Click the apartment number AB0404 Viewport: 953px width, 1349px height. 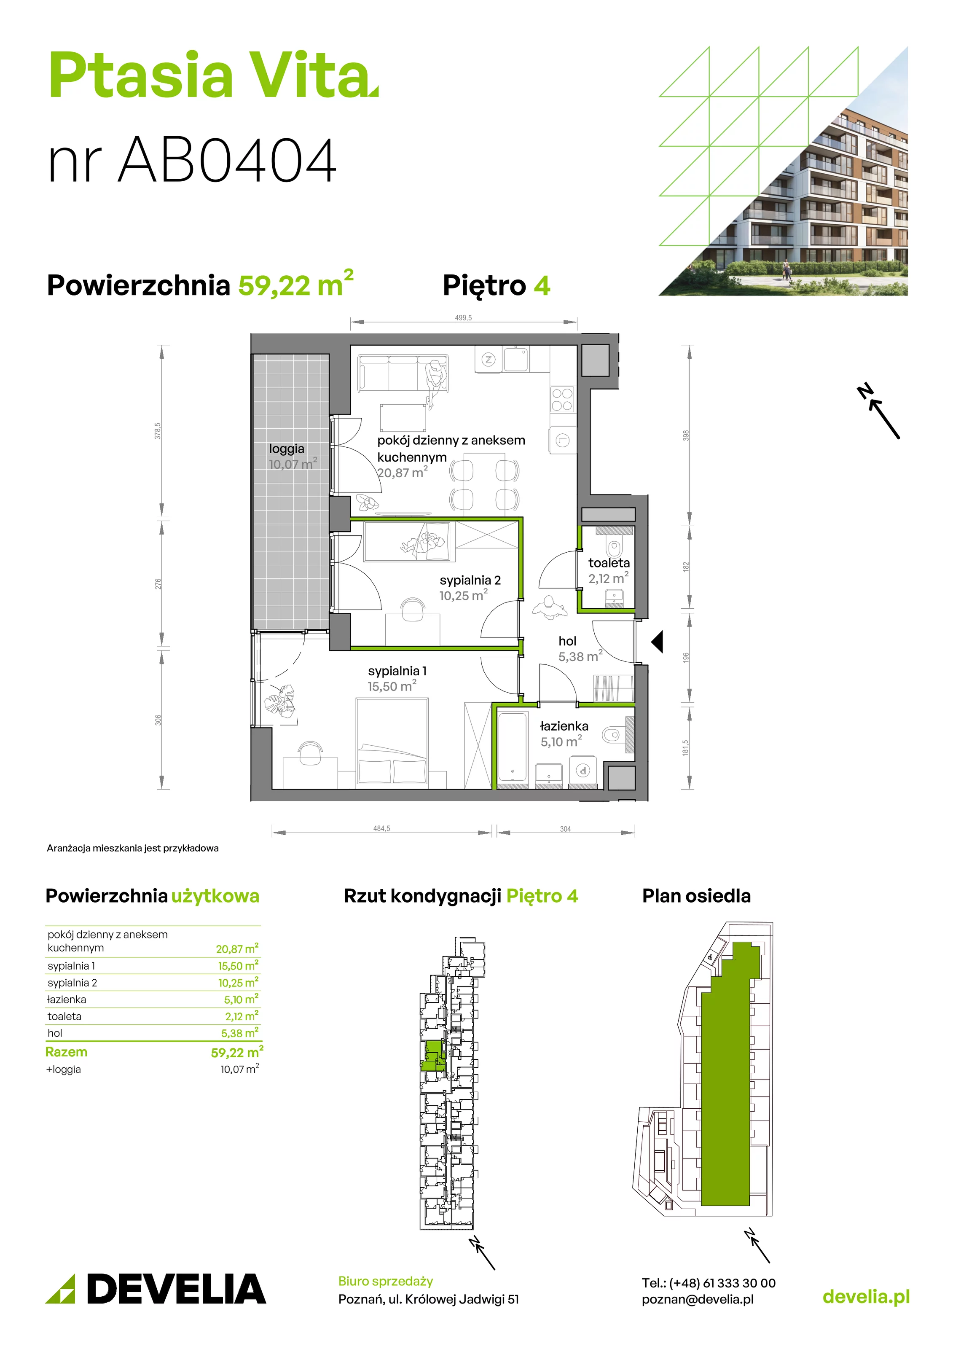[228, 160]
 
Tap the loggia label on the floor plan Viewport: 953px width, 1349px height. [287, 449]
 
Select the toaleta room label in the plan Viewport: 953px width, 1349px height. [609, 563]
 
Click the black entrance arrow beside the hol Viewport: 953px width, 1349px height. [658, 642]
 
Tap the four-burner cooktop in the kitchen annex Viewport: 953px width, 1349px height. [562, 400]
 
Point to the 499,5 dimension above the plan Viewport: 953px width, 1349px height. [463, 318]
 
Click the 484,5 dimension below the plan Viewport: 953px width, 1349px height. [381, 828]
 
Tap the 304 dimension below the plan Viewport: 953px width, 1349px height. [565, 829]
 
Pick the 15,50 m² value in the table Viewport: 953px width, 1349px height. [238, 965]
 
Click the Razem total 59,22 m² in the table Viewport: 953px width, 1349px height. [237, 1052]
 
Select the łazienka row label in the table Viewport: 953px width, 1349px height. [67, 1000]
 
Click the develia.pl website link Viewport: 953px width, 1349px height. [866, 1297]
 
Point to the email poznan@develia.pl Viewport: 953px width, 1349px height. [698, 1299]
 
